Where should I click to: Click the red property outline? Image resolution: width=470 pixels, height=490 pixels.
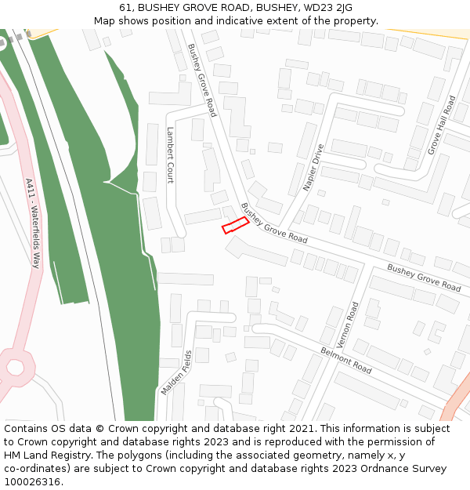coord(235,225)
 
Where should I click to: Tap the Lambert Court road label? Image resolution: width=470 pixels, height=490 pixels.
coord(170,155)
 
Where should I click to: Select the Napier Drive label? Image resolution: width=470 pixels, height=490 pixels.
coord(313,168)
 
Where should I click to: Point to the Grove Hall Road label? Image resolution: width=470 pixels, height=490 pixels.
coord(442,125)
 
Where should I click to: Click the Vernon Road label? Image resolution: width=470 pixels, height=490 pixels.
coord(346,325)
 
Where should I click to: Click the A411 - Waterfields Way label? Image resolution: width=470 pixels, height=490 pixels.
coord(32,223)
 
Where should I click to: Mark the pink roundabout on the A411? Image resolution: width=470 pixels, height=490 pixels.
coord(16,365)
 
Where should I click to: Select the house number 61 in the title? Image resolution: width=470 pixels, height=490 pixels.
coord(125,8)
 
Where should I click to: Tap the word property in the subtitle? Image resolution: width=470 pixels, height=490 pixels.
coord(355,21)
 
